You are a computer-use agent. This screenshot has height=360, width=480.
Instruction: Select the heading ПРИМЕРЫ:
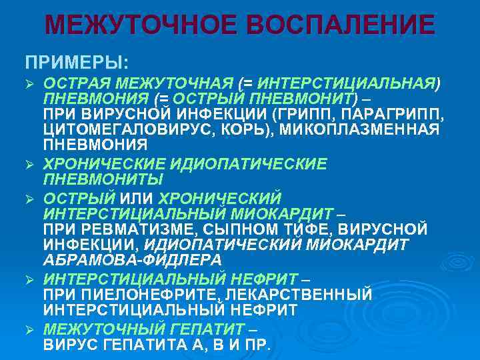tap(77, 62)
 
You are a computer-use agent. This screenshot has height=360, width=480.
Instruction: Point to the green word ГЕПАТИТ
tap(201, 329)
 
